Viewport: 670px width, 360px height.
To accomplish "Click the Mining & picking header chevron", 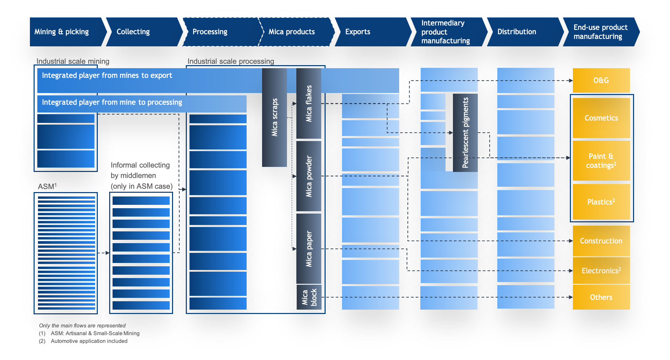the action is pos(67,32).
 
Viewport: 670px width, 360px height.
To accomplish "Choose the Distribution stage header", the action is pos(525,32).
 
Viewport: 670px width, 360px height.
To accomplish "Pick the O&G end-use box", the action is pos(601,81).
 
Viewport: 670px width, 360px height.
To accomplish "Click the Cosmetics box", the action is pos(601,118).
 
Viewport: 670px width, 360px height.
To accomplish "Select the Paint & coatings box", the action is pos(601,161).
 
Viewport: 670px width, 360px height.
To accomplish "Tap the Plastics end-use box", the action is pos(601,202).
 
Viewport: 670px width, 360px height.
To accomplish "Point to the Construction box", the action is pos(601,241).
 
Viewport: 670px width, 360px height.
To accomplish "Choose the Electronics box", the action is pos(601,271).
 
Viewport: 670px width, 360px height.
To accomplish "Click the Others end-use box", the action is pos(601,297).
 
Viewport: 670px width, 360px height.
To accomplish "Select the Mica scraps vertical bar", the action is pos(275,118).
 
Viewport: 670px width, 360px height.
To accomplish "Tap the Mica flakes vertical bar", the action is pos(309,103).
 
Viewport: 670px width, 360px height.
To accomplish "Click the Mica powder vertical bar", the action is pos(309,176).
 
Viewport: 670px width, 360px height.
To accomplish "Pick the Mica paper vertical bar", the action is pos(309,249).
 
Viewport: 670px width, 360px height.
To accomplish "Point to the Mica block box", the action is pos(309,297).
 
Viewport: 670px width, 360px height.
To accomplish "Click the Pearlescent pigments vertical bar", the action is pos(465,133).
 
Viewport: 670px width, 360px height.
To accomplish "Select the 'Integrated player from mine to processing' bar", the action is pos(142,104).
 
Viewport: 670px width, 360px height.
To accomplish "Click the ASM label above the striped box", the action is pos(47,186).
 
